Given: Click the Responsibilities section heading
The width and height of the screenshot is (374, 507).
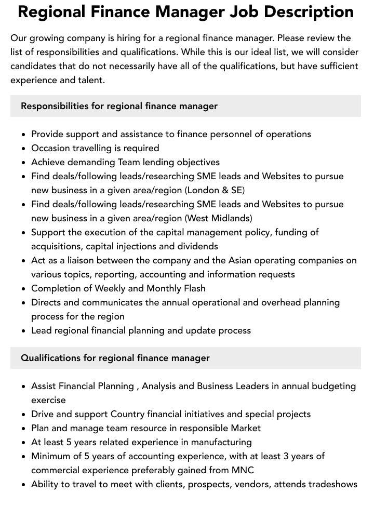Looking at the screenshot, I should point(119,106).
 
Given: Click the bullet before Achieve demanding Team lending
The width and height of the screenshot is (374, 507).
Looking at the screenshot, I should point(23,163).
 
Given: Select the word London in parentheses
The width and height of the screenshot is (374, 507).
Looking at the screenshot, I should point(204,190).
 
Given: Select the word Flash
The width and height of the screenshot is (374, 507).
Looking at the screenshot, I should point(193,288).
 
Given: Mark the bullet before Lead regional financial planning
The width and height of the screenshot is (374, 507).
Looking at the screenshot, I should point(23,331).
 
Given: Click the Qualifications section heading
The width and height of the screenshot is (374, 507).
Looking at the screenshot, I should point(115,358).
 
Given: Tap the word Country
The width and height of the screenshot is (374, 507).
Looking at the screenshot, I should point(127,414).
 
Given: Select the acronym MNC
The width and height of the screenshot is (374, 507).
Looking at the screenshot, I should point(243,470).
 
